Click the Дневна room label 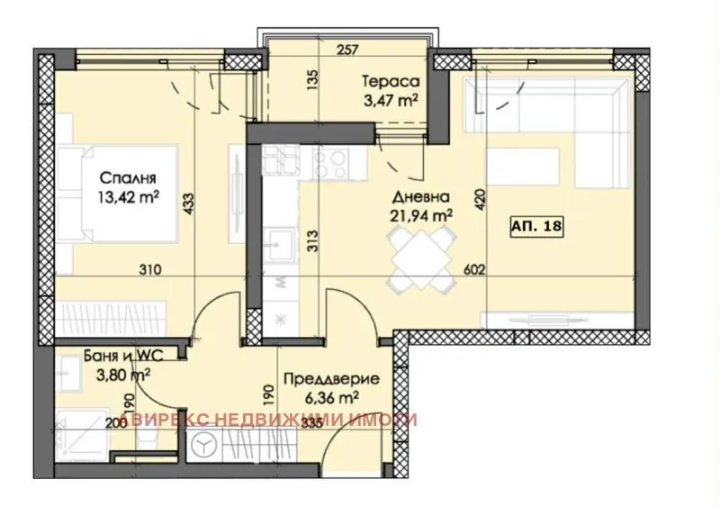click(420, 196)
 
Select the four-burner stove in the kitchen click(333, 163)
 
